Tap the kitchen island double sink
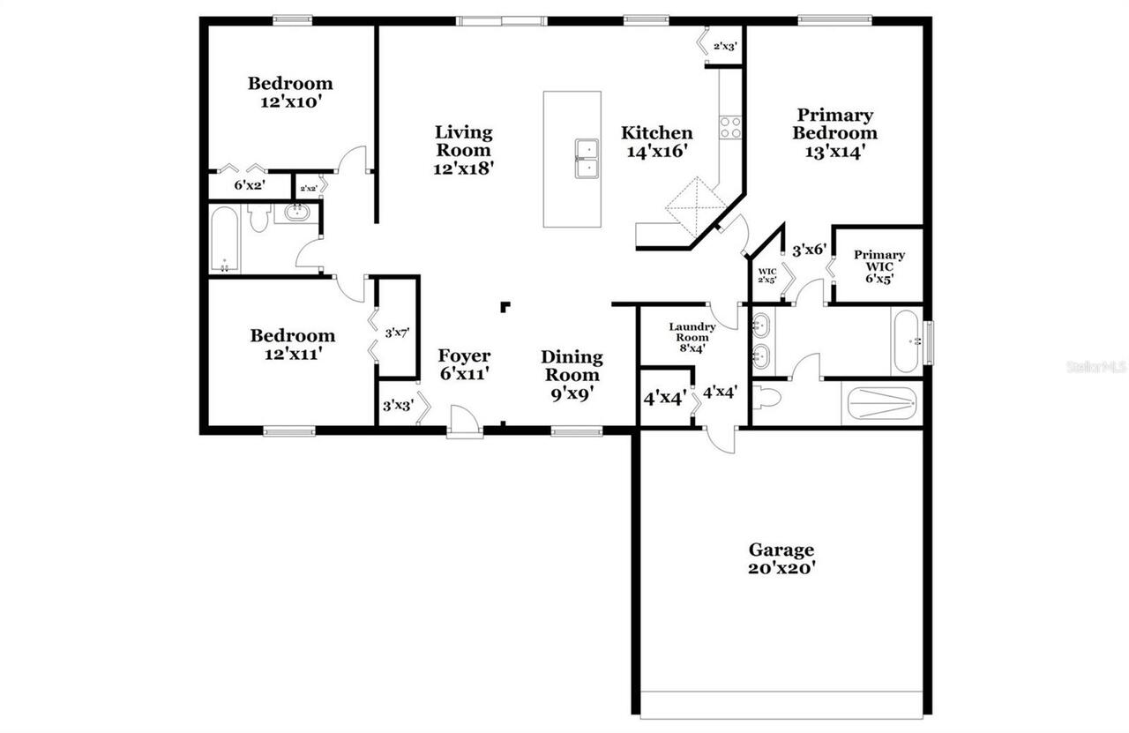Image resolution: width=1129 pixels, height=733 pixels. point(588,158)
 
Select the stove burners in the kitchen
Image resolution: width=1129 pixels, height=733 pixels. point(730,127)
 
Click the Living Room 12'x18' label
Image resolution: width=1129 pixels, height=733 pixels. point(463,150)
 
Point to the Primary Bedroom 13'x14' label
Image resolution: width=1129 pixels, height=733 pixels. point(834,132)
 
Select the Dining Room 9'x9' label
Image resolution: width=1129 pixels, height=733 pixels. point(572,375)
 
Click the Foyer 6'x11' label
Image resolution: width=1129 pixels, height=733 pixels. point(464,364)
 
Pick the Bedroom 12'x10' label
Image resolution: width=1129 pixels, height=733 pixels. point(290,92)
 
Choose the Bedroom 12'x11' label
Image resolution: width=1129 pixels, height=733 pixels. point(292,344)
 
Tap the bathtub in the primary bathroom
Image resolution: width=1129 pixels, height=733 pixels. point(906,340)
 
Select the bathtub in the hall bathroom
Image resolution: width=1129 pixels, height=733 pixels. point(224,239)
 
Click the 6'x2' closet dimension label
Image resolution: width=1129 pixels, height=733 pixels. point(250,186)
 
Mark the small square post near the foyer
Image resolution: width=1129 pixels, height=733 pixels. point(505,306)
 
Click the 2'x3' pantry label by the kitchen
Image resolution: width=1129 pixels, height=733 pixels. point(725,46)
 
